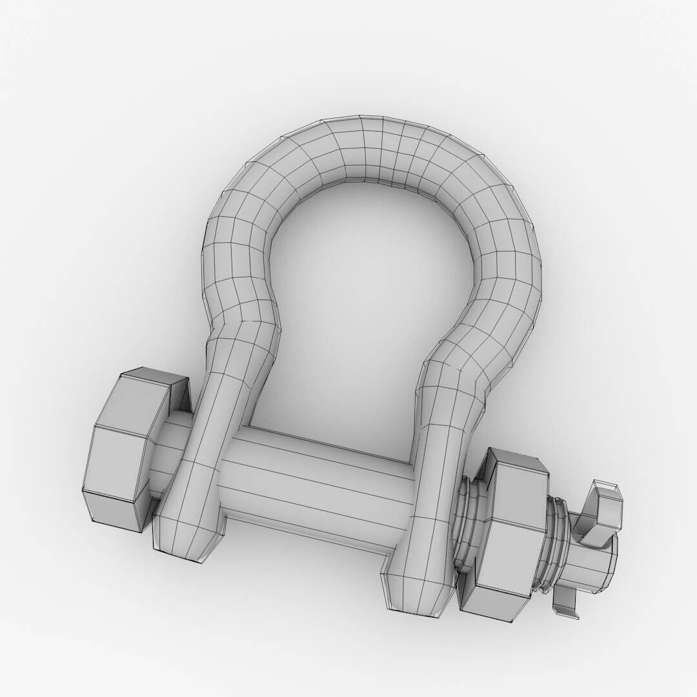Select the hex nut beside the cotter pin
point(507,536)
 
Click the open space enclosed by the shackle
point(368,310)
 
